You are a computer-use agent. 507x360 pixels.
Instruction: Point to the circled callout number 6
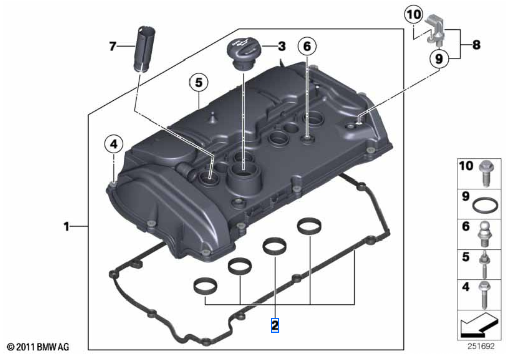(307, 46)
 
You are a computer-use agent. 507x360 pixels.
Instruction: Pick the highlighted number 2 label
(275, 325)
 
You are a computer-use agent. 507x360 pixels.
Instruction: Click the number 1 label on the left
(66, 227)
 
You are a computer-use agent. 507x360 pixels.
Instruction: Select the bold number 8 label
(475, 45)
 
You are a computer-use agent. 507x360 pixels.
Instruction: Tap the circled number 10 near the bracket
(413, 16)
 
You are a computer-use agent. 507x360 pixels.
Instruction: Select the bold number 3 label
(282, 47)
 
